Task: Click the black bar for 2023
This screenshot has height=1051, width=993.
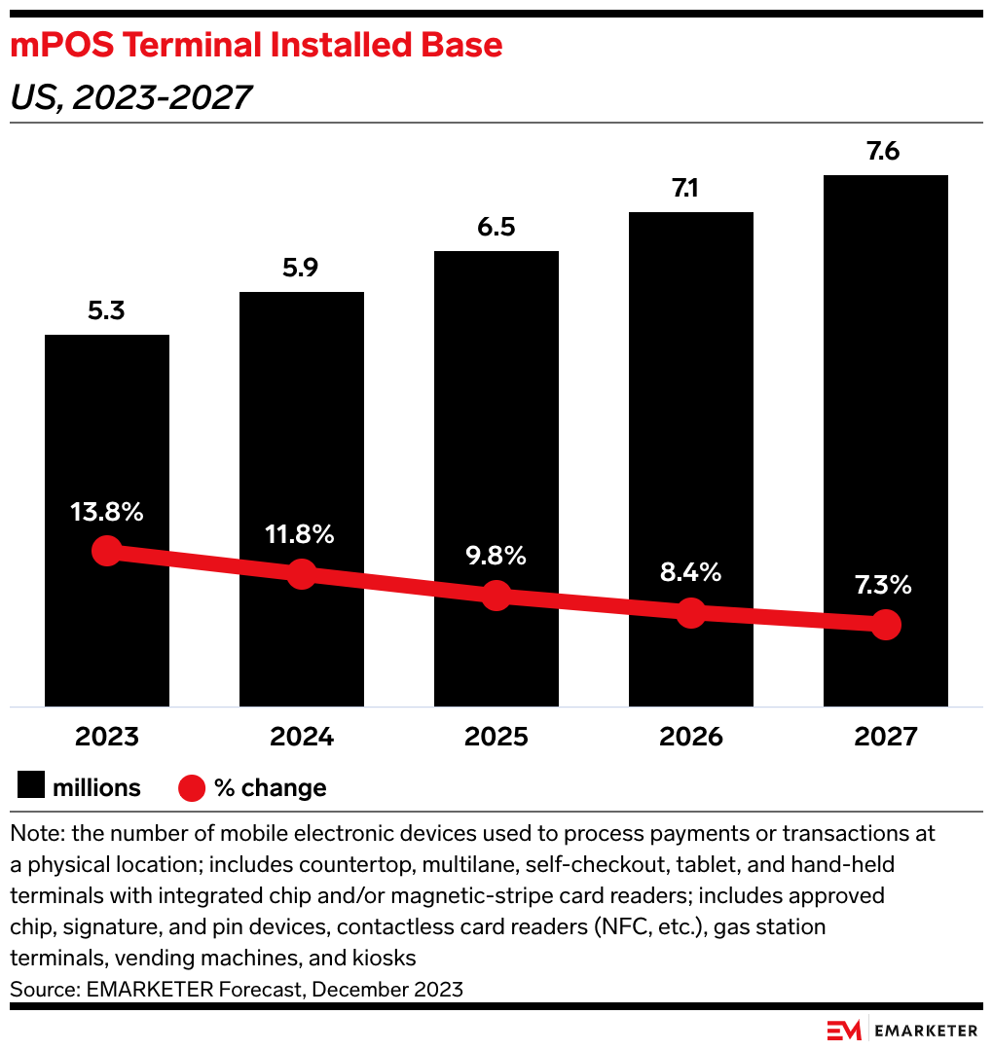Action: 107,438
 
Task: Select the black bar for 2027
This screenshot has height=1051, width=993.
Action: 885,389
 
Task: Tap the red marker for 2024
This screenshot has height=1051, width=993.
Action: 302,574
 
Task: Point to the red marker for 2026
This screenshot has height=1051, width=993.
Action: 690,613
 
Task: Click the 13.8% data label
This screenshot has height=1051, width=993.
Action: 107,512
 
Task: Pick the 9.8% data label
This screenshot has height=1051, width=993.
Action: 496,556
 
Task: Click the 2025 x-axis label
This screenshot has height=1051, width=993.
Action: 496,737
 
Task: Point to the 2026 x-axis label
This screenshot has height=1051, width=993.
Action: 690,737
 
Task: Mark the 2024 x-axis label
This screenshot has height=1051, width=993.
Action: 302,737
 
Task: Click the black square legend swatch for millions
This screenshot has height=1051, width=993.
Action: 30,786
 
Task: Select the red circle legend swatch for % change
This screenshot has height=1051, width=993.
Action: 192,787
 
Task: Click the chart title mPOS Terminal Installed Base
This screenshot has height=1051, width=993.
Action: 256,46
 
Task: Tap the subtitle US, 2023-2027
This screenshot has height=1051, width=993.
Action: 130,96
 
